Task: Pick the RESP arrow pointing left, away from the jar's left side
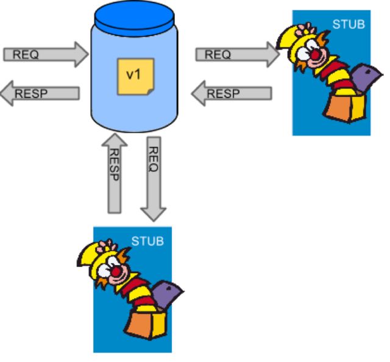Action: pyautogui.click(x=40, y=93)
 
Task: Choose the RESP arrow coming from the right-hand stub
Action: pyautogui.click(x=232, y=93)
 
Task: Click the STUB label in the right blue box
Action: pyautogui.click(x=349, y=24)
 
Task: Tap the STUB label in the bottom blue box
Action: pyautogui.click(x=147, y=241)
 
